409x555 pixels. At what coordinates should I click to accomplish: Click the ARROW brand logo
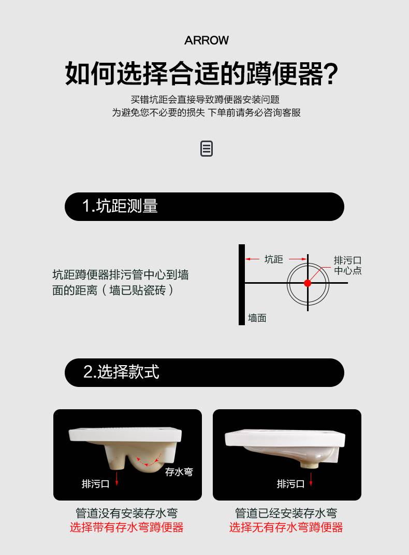tap(206, 40)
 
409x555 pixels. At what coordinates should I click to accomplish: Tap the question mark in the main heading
tap(331, 74)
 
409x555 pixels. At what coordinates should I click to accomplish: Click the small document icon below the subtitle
tap(207, 149)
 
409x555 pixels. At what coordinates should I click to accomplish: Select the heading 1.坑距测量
tap(120, 206)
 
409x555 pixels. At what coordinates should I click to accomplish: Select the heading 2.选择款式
tap(121, 372)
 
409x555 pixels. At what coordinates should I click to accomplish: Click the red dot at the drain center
tap(308, 283)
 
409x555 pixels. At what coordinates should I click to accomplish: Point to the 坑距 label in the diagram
tap(274, 259)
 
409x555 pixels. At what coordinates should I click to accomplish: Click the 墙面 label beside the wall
tap(257, 318)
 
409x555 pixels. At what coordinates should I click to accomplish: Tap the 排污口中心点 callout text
tap(347, 266)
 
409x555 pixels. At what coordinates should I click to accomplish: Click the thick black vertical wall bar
tap(242, 285)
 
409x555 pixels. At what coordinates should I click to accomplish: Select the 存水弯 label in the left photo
tap(179, 472)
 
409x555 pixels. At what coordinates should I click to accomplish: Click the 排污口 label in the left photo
tap(95, 484)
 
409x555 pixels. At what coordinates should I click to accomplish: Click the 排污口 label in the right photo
tap(290, 484)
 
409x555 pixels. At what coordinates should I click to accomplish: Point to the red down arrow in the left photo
tap(116, 479)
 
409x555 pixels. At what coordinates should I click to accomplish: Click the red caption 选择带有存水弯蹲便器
tap(126, 528)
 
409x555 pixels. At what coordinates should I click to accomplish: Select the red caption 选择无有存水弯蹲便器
tap(286, 528)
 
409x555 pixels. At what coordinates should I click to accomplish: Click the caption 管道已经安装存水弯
tap(286, 513)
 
